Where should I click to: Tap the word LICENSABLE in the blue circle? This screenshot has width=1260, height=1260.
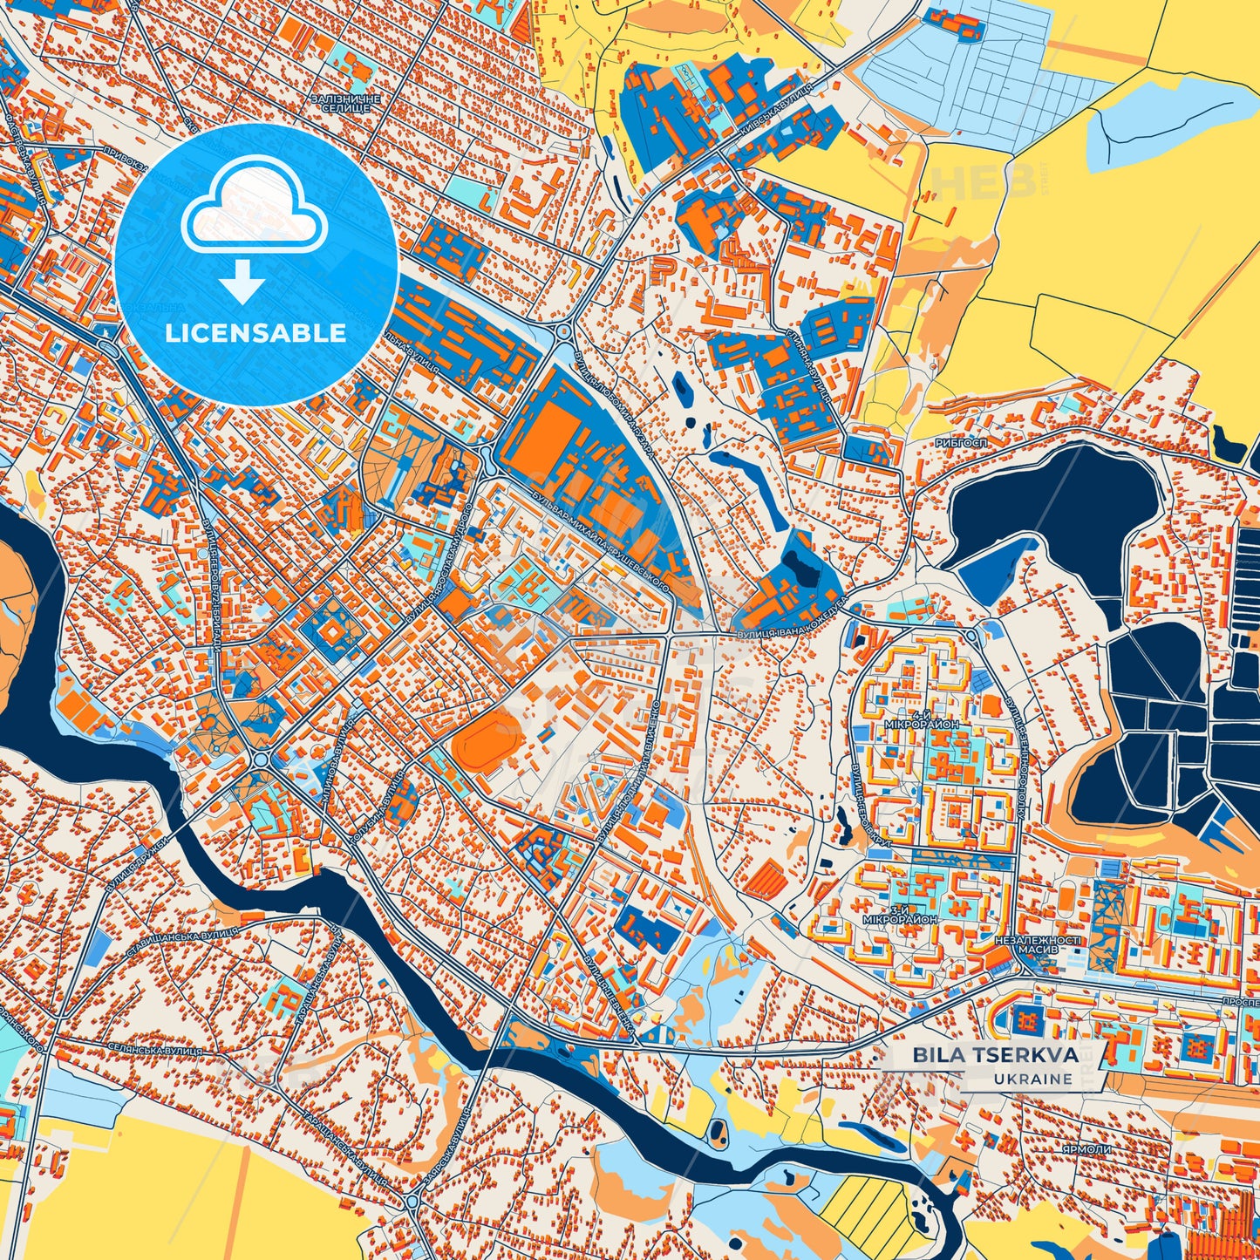[255, 333]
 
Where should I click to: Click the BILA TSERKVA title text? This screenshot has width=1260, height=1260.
[995, 1055]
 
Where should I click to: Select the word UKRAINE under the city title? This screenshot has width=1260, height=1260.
[1032, 1079]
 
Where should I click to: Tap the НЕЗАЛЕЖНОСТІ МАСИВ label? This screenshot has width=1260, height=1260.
[1037, 945]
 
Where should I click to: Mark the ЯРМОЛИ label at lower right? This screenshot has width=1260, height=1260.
[1086, 1150]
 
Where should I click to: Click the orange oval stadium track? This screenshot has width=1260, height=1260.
[487, 739]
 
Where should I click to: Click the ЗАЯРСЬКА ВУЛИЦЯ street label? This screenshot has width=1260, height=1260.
[450, 1149]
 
